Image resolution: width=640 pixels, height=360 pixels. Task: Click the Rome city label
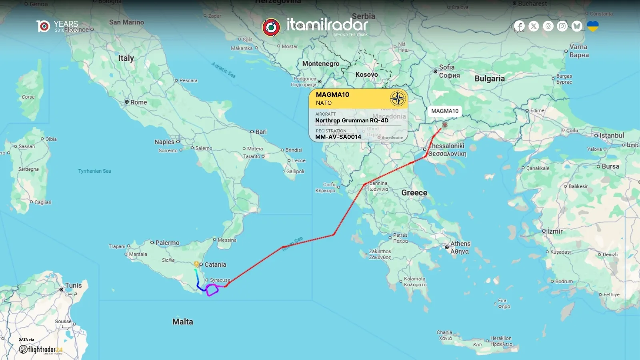(138, 102)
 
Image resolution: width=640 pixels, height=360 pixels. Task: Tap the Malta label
(182, 322)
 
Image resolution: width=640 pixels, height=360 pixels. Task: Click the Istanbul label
(611, 136)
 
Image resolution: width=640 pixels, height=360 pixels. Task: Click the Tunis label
(73, 286)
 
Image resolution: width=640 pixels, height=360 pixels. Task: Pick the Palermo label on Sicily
(167, 243)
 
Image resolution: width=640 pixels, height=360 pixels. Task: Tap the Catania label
(215, 265)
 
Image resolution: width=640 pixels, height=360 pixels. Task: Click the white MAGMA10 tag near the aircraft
(445, 111)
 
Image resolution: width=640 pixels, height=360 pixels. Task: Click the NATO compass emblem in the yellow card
(398, 98)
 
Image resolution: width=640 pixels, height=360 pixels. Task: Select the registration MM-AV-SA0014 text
(338, 137)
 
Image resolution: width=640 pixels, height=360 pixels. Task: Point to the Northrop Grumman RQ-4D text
(352, 120)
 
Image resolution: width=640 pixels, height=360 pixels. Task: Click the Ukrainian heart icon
(592, 26)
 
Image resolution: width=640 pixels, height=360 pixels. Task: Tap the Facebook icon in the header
(519, 26)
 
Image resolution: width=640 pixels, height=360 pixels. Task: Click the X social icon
(534, 26)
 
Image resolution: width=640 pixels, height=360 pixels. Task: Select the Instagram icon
(562, 26)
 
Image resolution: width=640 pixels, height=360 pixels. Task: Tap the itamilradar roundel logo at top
(271, 27)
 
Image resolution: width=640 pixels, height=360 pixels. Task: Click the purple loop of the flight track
(212, 290)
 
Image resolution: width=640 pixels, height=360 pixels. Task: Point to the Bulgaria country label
(489, 79)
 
